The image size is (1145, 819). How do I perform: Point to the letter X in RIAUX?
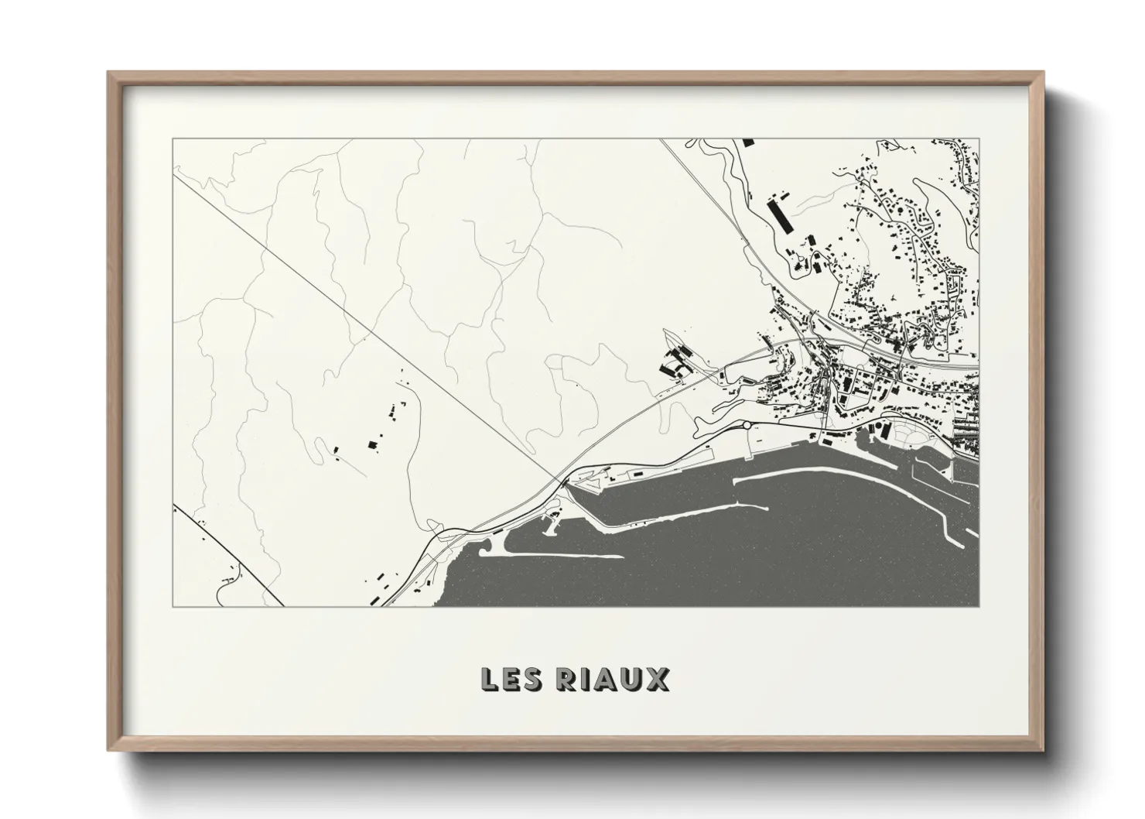pos(658,679)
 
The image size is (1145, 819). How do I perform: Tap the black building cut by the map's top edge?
pos(747,142)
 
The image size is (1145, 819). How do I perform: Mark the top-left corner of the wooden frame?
pos(110,74)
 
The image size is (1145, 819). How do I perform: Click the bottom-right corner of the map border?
pos(979,606)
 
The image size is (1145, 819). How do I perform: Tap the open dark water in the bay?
pos(774,557)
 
